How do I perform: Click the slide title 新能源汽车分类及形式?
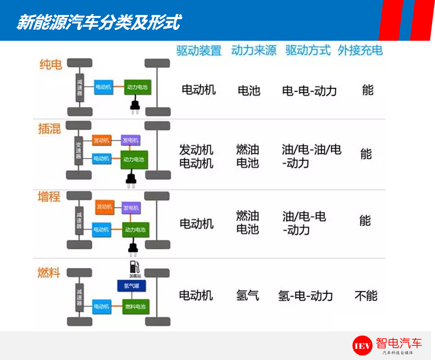99,22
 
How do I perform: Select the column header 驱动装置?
199,51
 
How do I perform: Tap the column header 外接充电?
360,51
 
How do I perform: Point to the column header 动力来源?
254,51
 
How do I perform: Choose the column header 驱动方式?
308,51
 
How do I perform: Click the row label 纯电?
51,65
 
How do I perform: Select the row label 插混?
50,129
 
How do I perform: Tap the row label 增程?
49,197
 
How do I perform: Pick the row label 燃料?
49,273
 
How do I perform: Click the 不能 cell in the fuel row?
366,296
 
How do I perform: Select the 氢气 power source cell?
247,295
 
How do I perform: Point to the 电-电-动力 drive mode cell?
309,91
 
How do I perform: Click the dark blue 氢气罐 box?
131,286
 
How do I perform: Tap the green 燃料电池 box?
136,307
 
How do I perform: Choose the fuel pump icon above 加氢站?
135,267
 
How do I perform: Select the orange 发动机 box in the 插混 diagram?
102,140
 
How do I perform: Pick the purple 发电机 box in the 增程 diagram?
131,208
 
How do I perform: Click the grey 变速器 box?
79,151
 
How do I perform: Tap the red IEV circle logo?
362,346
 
